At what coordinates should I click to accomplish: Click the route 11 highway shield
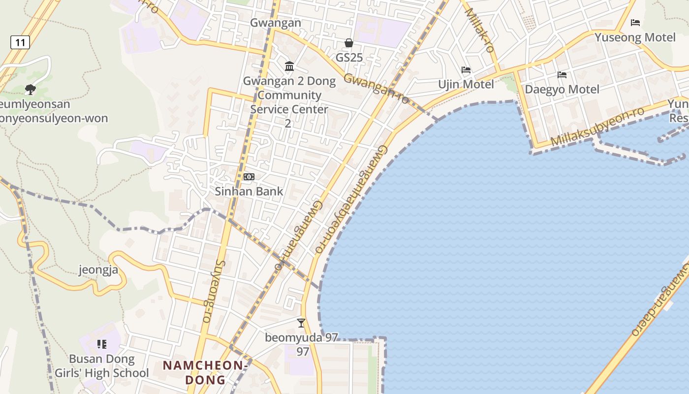pyautogui.click(x=20, y=42)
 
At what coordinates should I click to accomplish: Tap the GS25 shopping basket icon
pyautogui.click(x=349, y=43)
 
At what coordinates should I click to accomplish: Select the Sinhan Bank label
pyautogui.click(x=249, y=192)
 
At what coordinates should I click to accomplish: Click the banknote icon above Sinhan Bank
pyautogui.click(x=249, y=177)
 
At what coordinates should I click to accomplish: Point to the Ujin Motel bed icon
pyautogui.click(x=466, y=70)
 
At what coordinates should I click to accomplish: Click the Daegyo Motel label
pyautogui.click(x=562, y=90)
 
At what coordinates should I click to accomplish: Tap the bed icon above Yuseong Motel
pyautogui.click(x=635, y=23)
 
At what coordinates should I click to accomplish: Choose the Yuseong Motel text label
pyautogui.click(x=635, y=37)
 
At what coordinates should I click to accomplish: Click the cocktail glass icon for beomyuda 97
pyautogui.click(x=301, y=323)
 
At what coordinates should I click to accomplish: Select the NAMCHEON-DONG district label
pyautogui.click(x=205, y=372)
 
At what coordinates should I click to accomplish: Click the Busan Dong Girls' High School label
pyautogui.click(x=101, y=366)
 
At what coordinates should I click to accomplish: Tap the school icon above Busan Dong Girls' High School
pyautogui.click(x=102, y=344)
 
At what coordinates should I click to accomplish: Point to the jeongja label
pyautogui.click(x=98, y=270)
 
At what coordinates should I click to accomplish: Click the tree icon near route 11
pyautogui.click(x=31, y=89)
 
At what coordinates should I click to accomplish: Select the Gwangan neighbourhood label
pyautogui.click(x=276, y=23)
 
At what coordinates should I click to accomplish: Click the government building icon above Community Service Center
pyautogui.click(x=289, y=66)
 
